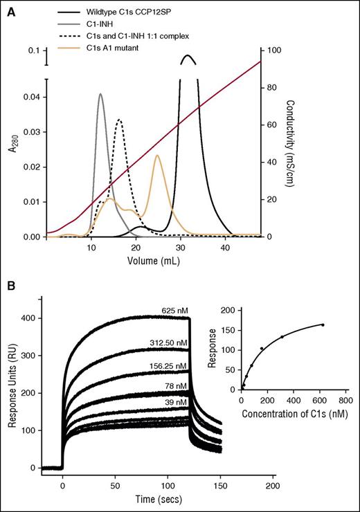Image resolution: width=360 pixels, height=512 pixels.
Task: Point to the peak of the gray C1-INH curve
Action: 100,94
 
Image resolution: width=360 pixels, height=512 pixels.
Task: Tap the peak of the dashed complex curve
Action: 120,120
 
